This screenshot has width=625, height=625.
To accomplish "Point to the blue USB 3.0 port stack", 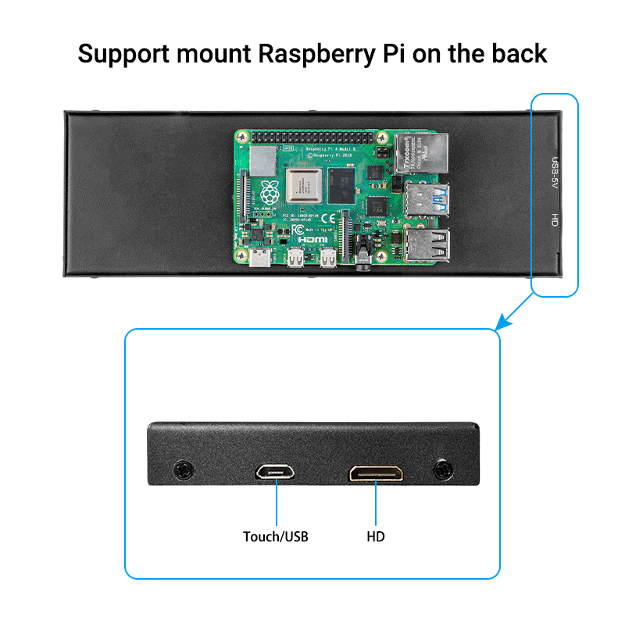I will click(428, 201).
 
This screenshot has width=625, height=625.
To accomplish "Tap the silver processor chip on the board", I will click(304, 186).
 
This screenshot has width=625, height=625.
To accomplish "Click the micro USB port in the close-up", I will click(274, 472).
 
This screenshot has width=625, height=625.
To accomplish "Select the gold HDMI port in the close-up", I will click(377, 473).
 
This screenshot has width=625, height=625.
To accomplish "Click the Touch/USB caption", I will click(275, 537).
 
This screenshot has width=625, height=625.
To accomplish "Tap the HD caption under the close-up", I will click(376, 537).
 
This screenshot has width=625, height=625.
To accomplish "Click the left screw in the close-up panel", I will click(184, 470).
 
